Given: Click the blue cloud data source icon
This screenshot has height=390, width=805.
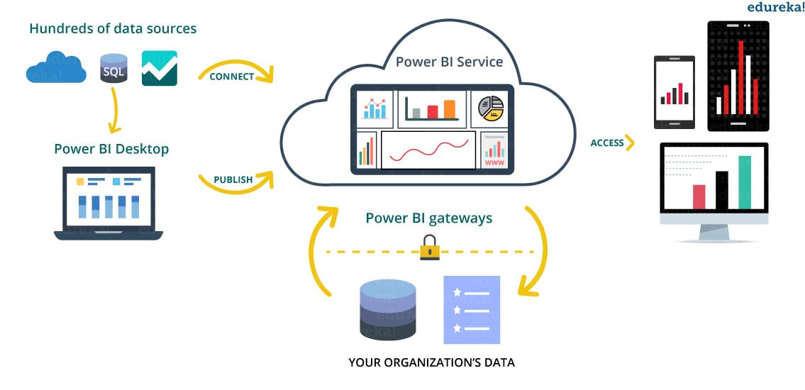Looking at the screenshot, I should [56, 69].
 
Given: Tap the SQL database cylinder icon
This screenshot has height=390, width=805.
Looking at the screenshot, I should [113, 69].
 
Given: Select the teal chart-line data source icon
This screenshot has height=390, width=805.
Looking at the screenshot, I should [159, 68].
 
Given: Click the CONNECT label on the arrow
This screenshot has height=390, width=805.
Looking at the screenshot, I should [232, 77].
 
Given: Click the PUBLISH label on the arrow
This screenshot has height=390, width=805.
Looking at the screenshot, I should [233, 179].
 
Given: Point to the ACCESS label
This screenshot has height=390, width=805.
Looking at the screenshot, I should [607, 143].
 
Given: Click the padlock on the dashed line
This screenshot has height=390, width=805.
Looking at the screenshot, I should [430, 247].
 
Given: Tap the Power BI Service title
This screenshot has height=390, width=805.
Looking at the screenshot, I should [449, 61].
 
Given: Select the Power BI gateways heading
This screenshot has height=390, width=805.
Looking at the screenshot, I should [428, 218].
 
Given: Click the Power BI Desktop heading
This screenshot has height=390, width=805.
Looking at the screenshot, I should [111, 149].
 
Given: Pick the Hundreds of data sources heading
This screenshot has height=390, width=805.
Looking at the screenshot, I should [113, 29].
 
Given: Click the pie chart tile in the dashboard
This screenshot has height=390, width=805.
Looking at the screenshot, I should [491, 108].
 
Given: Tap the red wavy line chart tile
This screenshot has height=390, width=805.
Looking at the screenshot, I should [428, 150].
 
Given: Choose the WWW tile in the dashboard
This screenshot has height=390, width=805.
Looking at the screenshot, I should [494, 151].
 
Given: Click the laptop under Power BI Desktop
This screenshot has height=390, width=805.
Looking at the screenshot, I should [109, 202].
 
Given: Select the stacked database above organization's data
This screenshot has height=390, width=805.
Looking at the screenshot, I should [388, 309].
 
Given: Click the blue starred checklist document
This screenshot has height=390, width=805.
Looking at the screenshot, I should [471, 310].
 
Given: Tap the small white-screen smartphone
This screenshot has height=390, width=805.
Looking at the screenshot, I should [674, 92].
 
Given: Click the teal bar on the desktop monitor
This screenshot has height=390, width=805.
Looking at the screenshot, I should [744, 182].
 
